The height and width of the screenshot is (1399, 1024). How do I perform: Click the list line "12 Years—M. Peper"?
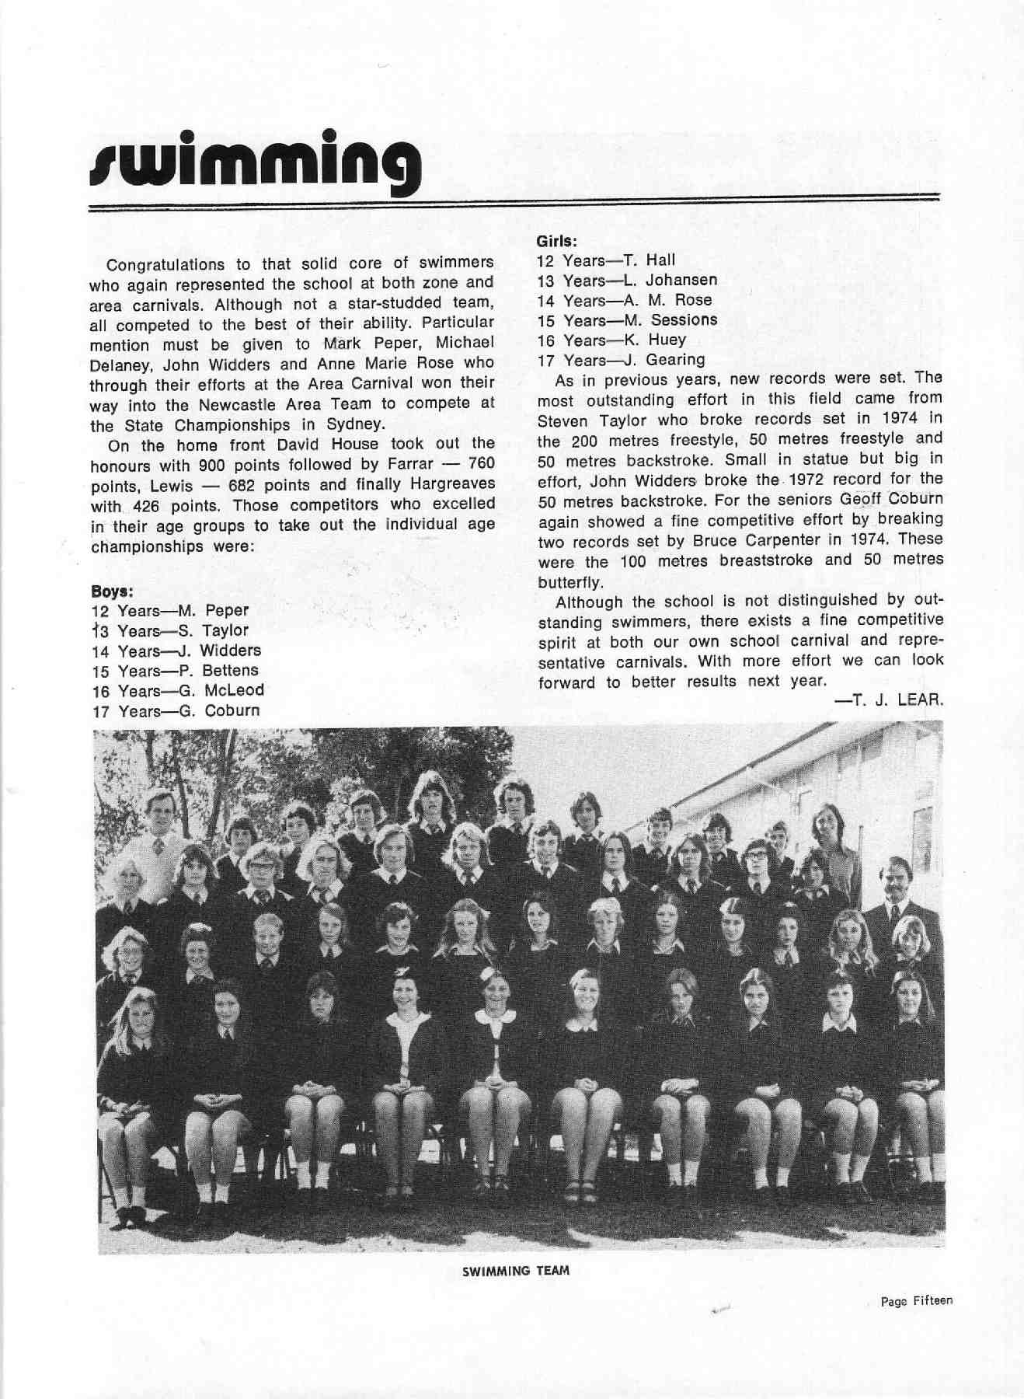[170, 610]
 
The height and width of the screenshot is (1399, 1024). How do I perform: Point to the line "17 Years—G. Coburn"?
[176, 710]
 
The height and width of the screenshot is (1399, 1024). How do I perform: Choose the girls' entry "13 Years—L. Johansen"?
[627, 280]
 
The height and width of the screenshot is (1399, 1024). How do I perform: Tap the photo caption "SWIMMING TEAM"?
[515, 1271]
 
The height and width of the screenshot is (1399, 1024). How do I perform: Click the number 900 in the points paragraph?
[212, 464]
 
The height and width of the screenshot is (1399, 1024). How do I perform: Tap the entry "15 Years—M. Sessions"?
[627, 320]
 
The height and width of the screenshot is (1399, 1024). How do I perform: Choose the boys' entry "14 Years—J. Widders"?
[176, 651]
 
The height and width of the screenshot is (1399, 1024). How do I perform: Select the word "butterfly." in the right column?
[569, 581]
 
